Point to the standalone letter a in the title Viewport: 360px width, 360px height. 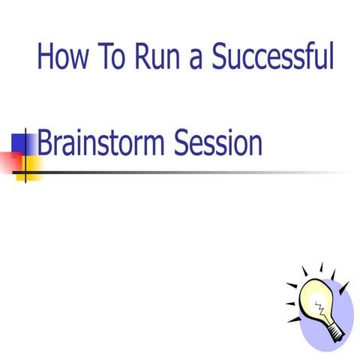[196, 60]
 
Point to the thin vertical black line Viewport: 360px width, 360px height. [26, 161]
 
